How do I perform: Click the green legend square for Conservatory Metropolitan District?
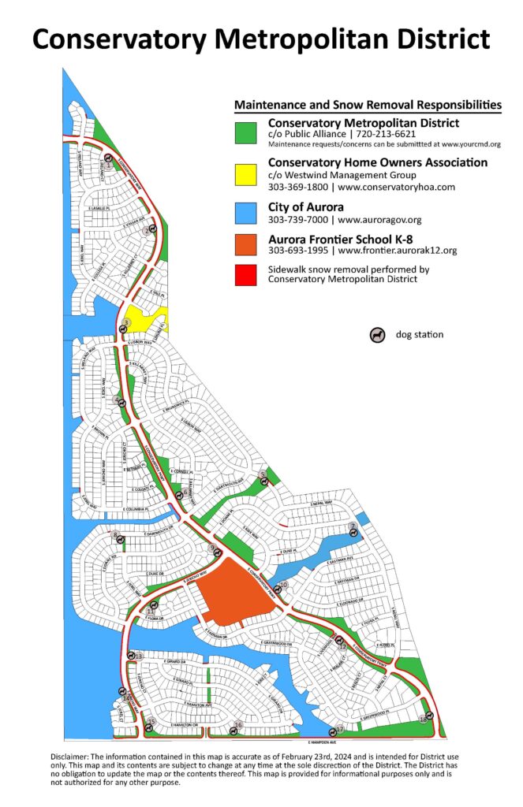[x=248, y=132]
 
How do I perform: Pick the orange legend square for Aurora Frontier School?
[x=248, y=245]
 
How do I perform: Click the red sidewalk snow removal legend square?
[x=248, y=274]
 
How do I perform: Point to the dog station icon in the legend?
[x=377, y=335]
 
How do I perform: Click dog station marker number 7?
[x=353, y=531]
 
